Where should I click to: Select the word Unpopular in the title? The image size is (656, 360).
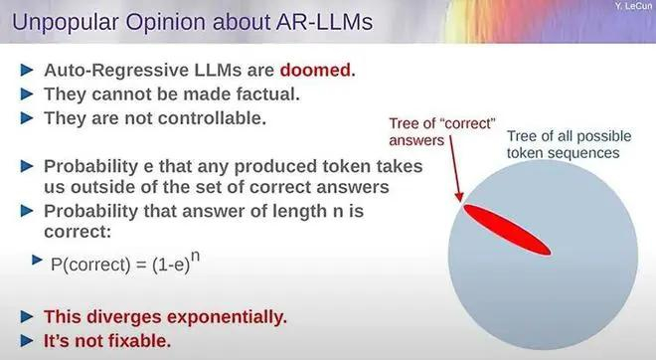coord(66,22)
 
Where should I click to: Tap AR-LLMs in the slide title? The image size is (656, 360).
coord(325,21)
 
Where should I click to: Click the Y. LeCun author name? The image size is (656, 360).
coord(632,6)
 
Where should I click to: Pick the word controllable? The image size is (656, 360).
coord(212,118)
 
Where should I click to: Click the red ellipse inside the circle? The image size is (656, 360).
coord(507,230)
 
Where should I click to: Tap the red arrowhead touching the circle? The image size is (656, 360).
coord(459,196)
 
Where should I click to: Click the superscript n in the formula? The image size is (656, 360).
coord(195,257)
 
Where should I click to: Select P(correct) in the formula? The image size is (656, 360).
coord(90,265)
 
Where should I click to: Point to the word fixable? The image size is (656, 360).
coord(139,341)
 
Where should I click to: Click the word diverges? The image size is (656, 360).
coord(123,317)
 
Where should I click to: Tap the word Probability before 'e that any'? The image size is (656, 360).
coord(91,167)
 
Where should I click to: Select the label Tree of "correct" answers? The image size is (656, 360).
coord(441,131)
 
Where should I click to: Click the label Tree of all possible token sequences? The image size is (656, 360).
coord(569,144)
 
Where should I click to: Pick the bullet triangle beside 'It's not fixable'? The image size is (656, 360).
coord(27,341)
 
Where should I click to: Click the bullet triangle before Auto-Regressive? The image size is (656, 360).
coord(27,70)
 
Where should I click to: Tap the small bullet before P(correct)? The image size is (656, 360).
coord(37,261)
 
